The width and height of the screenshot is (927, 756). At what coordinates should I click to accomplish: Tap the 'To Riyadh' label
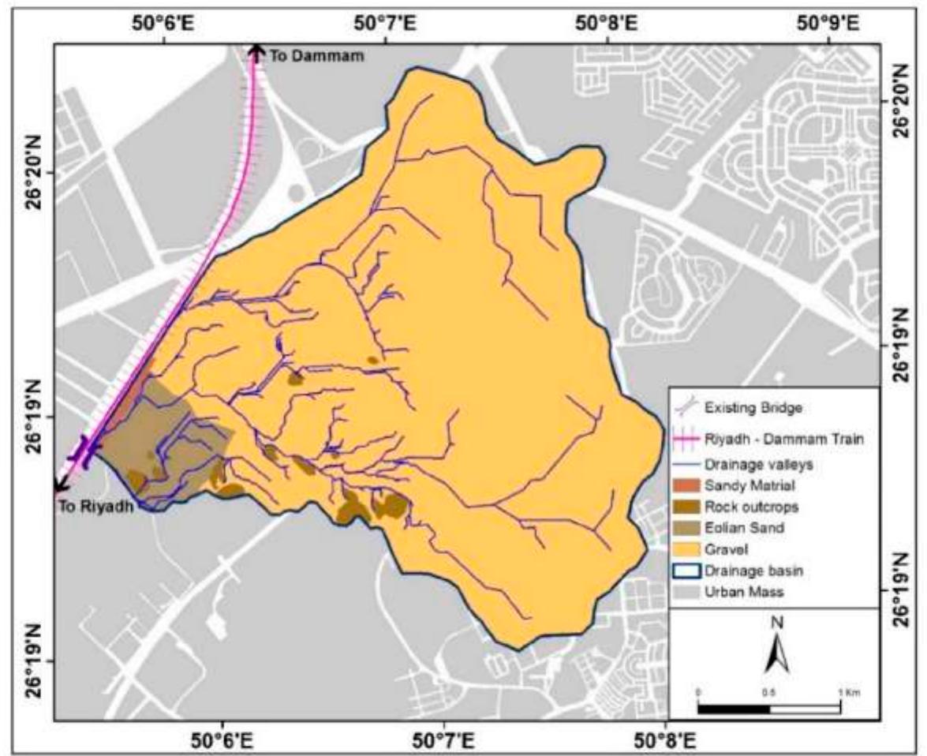95,507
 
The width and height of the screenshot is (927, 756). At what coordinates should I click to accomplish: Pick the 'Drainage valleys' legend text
750,465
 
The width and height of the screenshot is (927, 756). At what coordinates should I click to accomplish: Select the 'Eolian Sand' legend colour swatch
685,527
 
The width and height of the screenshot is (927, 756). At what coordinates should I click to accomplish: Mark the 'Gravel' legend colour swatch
685,548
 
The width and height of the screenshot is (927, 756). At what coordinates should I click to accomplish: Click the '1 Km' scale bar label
849,692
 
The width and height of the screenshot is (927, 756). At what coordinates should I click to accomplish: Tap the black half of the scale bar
734,708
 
